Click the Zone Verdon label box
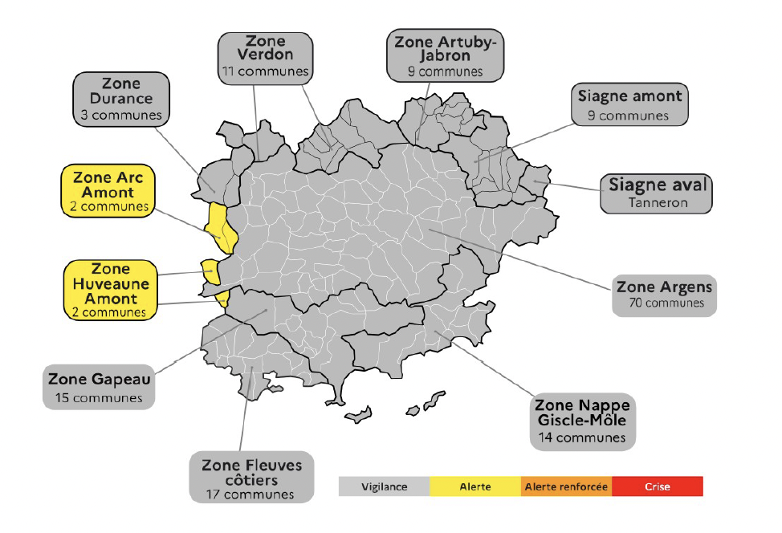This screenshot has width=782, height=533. coord(265,55)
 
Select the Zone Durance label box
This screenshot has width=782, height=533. coord(120,99)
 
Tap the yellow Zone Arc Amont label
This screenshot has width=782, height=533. coord(108,191)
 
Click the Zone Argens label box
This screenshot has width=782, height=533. coord(664,294)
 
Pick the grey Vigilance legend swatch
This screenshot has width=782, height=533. coord(384,486)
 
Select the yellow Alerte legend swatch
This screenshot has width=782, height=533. coord(475,486)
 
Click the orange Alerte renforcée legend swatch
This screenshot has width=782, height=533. coord(566,486)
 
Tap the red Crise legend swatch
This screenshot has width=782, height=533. coord(657,486)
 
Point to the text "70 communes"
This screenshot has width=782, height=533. coord(664,303)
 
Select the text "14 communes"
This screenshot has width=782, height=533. coord(582,437)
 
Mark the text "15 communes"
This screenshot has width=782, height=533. coord(99,397)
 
